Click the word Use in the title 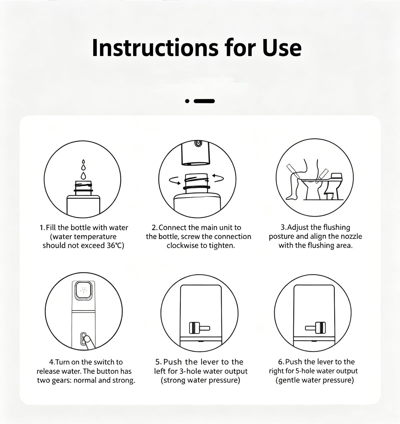pyautogui.click(x=282, y=48)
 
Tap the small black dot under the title pyautogui.click(x=187, y=101)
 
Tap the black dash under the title pyautogui.click(x=204, y=101)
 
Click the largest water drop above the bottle pyautogui.click(x=83, y=176)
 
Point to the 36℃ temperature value pyautogui.click(x=115, y=246)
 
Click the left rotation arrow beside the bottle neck pyautogui.click(x=175, y=180)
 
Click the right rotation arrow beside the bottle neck pyautogui.click(x=218, y=178)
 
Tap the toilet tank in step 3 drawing pyautogui.click(x=336, y=176)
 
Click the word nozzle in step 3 pyautogui.click(x=351, y=236)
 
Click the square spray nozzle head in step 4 pyautogui.click(x=83, y=290)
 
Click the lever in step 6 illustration pyautogui.click(x=315, y=327)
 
